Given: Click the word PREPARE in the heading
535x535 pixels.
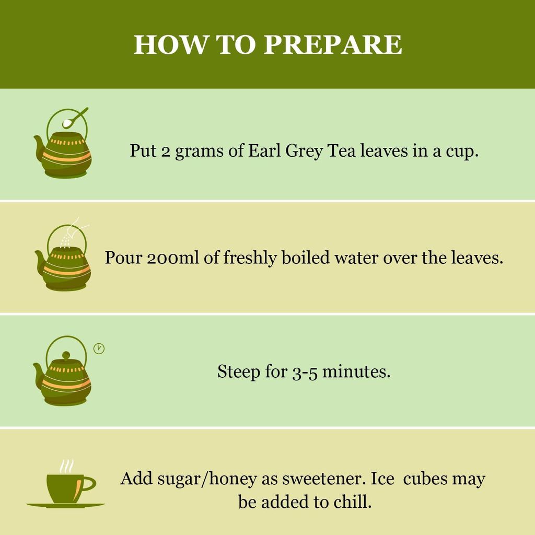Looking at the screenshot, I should coord(333,45).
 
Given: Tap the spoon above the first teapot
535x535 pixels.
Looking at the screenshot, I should coord(75,118).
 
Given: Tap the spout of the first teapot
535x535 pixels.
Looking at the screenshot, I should coord(39,146).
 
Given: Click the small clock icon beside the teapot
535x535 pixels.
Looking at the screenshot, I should coord(99,348).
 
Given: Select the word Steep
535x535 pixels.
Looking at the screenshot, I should coord(238,371).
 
